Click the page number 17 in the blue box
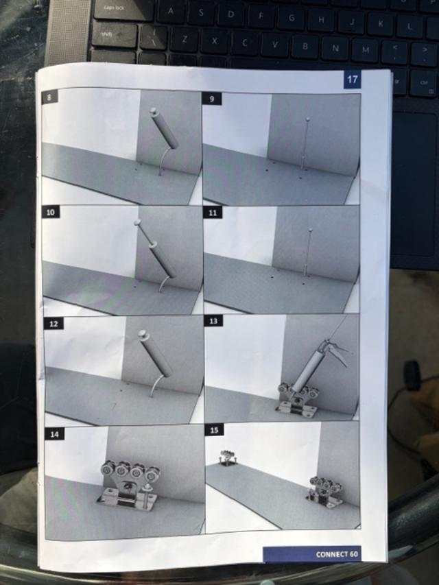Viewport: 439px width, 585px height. (x=352, y=80)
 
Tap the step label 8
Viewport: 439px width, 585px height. (x=49, y=97)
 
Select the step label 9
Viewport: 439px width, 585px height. (x=212, y=99)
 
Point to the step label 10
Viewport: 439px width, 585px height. (x=51, y=213)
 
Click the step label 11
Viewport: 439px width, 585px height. (x=213, y=213)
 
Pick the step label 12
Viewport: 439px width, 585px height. (x=54, y=324)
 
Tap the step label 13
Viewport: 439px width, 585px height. (x=213, y=321)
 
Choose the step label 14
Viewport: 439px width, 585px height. (x=54, y=434)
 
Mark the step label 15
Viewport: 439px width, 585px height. (x=214, y=430)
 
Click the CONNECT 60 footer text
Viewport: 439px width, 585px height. (x=337, y=554)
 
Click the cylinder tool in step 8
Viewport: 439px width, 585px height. (x=164, y=128)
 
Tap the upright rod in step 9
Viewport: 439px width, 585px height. (x=305, y=143)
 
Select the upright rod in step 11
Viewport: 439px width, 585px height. (x=308, y=252)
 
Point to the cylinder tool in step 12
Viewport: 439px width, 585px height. (x=155, y=353)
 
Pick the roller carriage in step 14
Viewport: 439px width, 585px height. (x=130, y=484)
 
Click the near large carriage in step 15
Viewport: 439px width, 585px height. (x=326, y=491)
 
